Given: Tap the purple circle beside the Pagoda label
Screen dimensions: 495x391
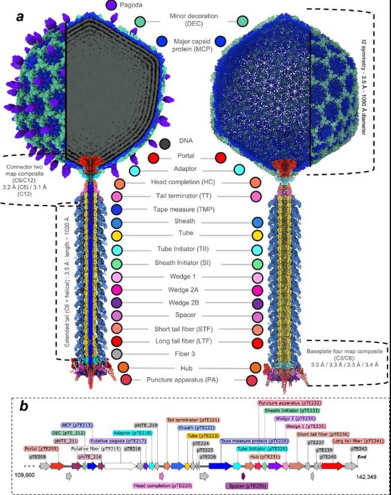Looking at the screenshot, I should click(x=111, y=5).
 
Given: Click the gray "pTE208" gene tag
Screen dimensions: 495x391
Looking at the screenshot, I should click(x=38, y=456).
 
